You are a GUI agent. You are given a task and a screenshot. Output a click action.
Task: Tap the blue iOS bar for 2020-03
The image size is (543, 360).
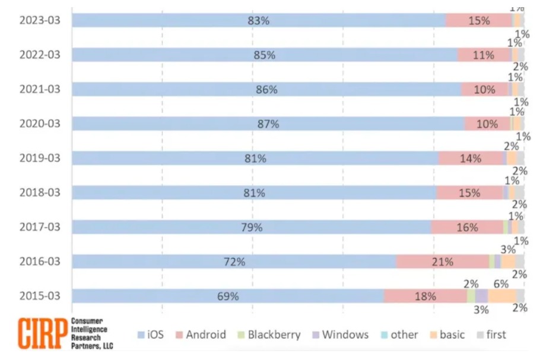pos(267,124)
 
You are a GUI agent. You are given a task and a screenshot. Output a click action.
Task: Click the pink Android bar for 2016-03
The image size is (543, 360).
pos(442,262)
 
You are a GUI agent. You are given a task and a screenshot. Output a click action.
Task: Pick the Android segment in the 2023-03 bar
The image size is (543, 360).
pos(478,20)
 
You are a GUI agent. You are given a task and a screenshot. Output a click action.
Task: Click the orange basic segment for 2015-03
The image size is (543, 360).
pos(501,296)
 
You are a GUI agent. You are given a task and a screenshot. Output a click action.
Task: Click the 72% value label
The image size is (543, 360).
pos(234,262)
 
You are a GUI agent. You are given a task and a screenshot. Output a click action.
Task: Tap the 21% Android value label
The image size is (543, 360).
pos(442,262)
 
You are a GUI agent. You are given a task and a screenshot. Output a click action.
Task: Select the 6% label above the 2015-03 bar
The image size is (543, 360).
pos(501,284)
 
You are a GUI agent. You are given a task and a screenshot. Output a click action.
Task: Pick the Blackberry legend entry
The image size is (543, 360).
pos(267,334)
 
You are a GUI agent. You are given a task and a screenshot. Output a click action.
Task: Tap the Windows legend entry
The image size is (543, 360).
pos(339,334)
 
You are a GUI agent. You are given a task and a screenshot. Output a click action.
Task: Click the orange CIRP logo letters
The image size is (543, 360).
pos(43,334)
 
